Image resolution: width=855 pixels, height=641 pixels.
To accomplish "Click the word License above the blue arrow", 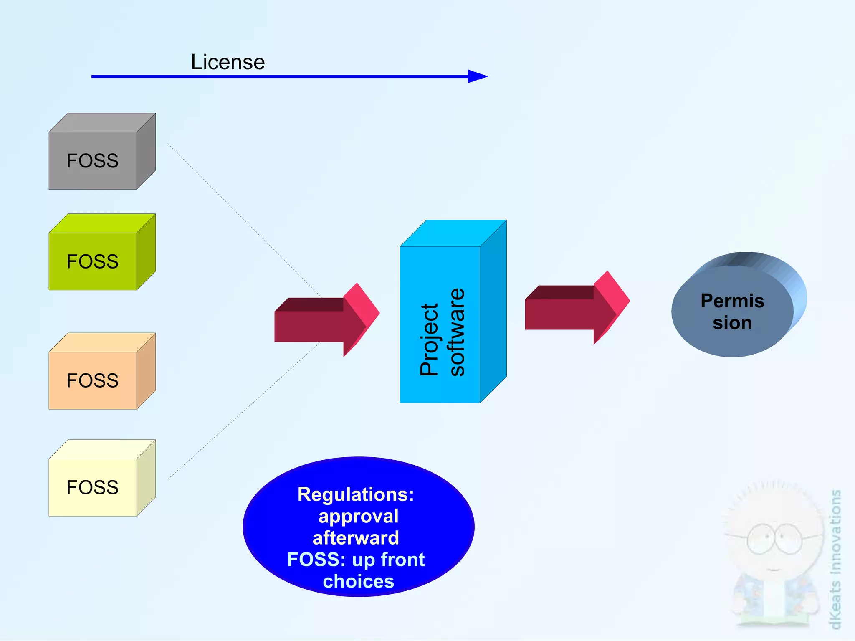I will [228, 62].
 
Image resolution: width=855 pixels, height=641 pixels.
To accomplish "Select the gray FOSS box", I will [93, 161].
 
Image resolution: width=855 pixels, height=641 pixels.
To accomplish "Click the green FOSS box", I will [93, 261].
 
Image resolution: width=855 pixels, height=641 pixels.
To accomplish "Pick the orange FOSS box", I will [93, 380].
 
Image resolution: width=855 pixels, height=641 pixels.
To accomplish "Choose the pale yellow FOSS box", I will [93, 487].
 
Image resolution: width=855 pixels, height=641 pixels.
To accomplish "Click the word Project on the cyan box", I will [429, 339].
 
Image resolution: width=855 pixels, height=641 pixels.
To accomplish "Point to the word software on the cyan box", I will [457, 332].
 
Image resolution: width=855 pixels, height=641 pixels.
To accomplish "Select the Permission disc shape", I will [732, 311].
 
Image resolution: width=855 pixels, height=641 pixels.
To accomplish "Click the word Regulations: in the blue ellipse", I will [356, 494].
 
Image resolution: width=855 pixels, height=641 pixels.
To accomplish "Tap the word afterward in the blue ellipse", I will [356, 538].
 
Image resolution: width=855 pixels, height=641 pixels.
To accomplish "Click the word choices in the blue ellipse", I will [358, 581].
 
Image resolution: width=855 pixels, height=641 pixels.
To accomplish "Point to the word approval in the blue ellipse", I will [358, 516].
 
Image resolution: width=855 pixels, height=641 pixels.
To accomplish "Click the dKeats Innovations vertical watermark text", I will [835, 560].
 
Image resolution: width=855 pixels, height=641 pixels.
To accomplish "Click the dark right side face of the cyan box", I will [493, 311].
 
